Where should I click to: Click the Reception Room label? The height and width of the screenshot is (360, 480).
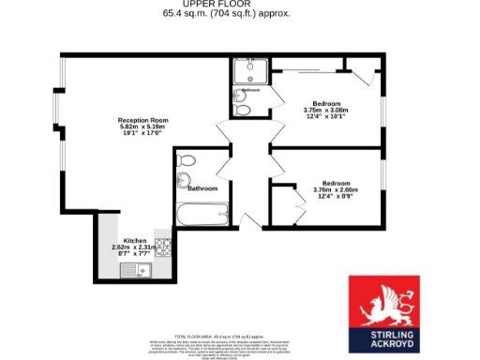point(142,120)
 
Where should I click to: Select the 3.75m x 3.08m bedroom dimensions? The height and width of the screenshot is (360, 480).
point(325,111)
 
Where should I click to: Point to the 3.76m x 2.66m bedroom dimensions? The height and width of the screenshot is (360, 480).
point(337,190)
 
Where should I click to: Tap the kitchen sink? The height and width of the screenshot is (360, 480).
point(141,272)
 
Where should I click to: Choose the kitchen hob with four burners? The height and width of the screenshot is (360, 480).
point(161,248)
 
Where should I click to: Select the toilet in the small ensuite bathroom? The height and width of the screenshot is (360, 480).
point(244,111)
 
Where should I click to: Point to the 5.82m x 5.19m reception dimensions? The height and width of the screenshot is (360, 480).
point(142,127)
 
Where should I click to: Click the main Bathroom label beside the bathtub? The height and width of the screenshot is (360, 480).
point(202,188)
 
